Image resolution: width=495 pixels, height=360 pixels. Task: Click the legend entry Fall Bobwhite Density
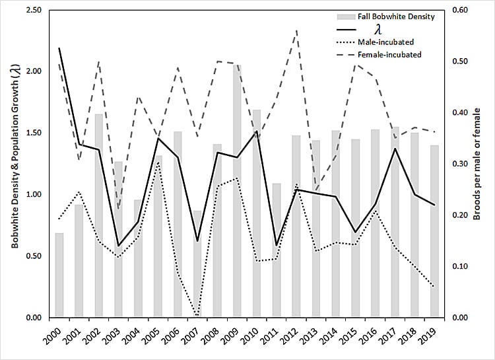(x=396, y=17)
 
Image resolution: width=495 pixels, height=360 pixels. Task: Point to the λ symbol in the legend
(x=378, y=30)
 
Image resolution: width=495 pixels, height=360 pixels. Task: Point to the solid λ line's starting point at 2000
(x=59, y=48)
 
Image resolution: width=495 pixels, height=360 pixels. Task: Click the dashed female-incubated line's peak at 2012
(x=296, y=30)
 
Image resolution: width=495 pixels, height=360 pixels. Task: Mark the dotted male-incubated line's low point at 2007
(x=198, y=315)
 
